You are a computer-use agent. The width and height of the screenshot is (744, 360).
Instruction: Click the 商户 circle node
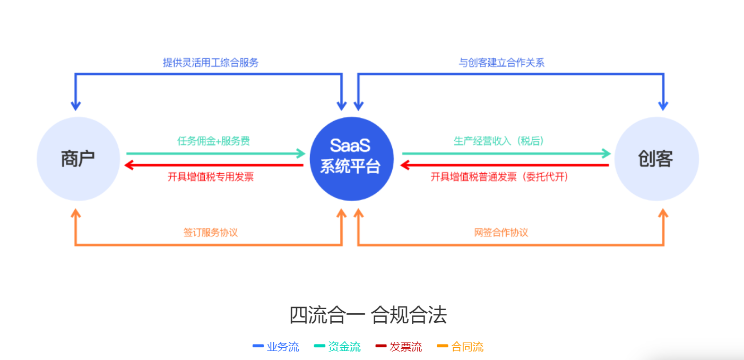[x=78, y=159]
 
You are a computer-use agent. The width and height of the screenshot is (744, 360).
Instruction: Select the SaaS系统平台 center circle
[x=351, y=159]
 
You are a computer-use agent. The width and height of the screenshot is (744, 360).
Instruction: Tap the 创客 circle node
[x=656, y=159]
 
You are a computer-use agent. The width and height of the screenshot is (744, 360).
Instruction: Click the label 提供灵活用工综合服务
[x=211, y=63]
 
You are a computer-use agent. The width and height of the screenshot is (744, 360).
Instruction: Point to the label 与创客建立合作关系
[x=501, y=63]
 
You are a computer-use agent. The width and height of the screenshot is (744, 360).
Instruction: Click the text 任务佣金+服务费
[x=213, y=141]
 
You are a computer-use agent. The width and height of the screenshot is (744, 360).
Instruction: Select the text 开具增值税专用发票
[x=211, y=177]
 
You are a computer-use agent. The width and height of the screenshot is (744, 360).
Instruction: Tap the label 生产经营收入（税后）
[x=499, y=141]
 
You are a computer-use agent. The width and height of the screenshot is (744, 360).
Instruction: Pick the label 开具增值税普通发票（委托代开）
[x=499, y=177]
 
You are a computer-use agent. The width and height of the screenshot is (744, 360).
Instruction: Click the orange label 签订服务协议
[x=211, y=233]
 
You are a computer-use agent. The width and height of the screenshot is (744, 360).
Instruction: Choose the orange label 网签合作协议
[x=501, y=233]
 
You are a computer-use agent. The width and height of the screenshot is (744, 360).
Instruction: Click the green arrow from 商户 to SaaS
[x=215, y=153]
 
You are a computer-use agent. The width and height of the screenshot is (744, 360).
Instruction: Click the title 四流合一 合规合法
[x=368, y=315]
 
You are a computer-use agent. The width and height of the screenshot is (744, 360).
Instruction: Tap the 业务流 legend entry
[x=276, y=347]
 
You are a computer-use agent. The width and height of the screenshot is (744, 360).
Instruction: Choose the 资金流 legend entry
[x=338, y=347]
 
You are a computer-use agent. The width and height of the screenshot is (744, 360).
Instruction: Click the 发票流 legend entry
[x=399, y=347]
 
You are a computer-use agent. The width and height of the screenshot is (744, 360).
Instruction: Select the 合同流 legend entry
[x=461, y=347]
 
